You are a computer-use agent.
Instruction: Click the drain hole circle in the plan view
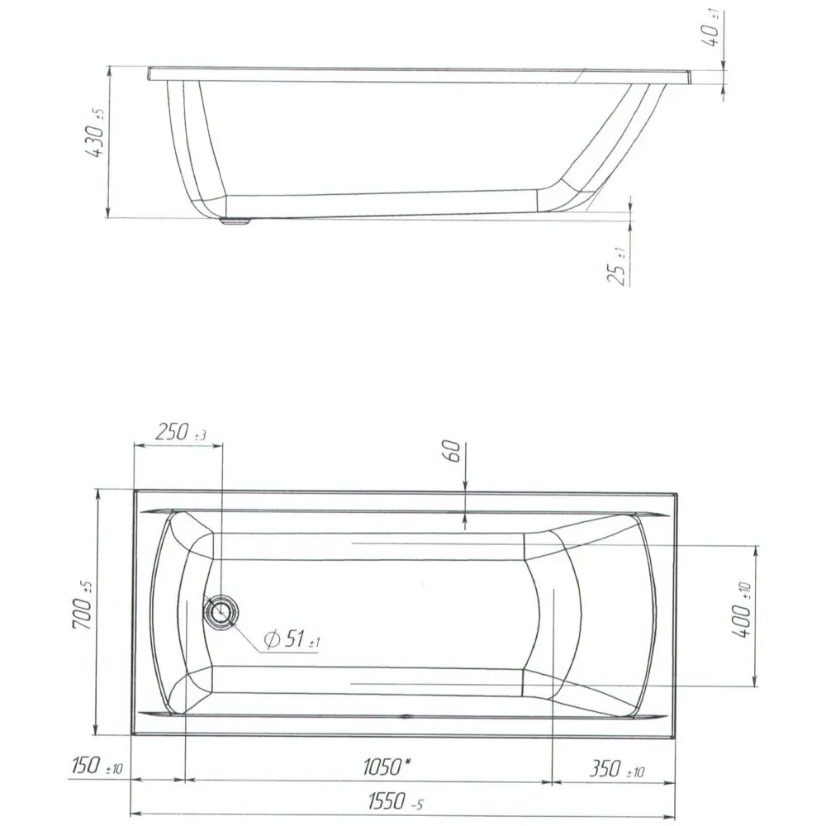[221, 613]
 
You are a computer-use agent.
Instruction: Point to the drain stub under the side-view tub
[235, 221]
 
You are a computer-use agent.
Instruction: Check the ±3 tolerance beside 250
[201, 436]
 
